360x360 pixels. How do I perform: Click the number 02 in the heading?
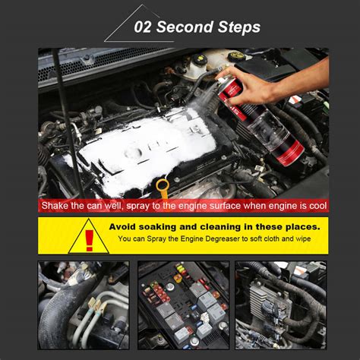tap(145, 27)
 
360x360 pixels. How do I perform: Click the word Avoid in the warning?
tap(125, 226)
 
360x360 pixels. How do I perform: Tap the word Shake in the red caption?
tap(56, 206)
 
